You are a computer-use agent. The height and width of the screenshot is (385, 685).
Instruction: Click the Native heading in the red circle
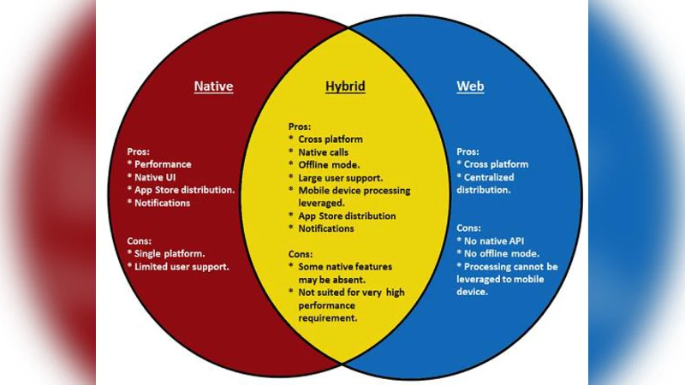click(x=213, y=86)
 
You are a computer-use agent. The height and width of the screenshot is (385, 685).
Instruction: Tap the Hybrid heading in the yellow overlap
click(x=344, y=86)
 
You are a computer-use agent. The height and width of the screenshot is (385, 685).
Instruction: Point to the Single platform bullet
click(x=169, y=255)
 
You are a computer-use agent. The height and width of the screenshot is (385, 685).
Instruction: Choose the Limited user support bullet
click(x=182, y=268)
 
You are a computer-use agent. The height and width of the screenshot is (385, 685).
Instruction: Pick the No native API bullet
click(x=495, y=241)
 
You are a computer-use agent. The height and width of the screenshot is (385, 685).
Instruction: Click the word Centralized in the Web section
click(x=497, y=177)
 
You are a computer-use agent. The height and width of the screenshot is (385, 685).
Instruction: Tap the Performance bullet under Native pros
click(x=163, y=164)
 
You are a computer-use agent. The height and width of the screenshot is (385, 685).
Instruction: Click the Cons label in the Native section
click(x=140, y=241)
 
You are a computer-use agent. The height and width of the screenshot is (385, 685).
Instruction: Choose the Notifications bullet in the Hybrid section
click(x=325, y=228)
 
